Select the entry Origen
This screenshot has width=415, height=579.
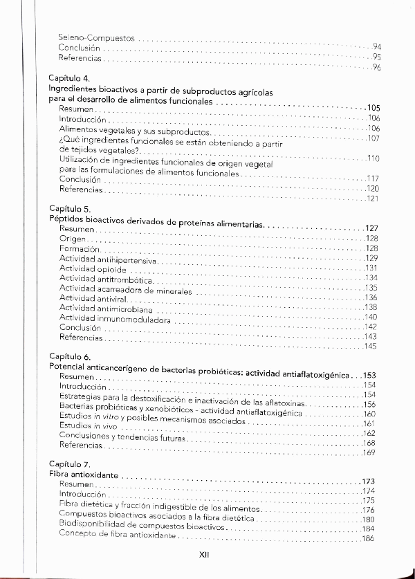tap(73, 239)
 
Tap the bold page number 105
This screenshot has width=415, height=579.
tap(373, 108)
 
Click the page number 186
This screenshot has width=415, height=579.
tap(368, 540)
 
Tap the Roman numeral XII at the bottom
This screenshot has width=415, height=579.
tap(204, 555)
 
